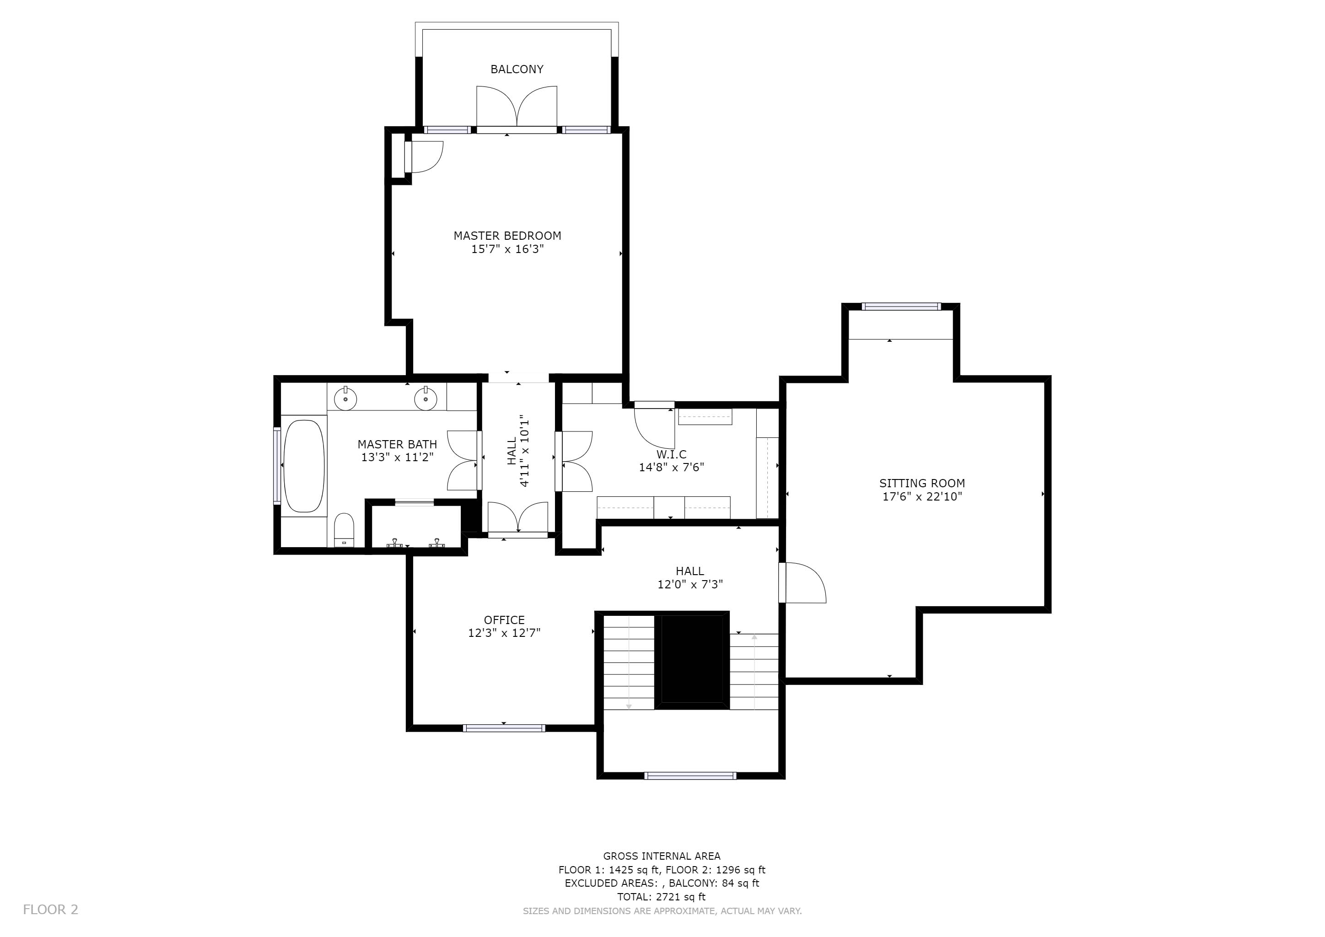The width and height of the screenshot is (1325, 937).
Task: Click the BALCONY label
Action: click(x=517, y=69)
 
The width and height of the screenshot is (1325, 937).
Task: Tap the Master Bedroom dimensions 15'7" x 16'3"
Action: click(x=507, y=249)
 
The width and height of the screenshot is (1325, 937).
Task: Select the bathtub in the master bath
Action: click(x=304, y=466)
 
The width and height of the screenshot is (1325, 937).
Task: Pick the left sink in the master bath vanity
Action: click(x=345, y=398)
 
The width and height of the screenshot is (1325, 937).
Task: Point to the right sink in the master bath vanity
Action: click(x=426, y=398)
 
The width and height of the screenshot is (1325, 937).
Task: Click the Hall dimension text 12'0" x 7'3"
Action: click(x=690, y=584)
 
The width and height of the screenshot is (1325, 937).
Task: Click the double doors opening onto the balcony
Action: click(x=517, y=108)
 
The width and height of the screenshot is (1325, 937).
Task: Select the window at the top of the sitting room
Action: click(x=901, y=307)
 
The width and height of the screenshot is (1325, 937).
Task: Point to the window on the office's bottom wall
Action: click(x=504, y=728)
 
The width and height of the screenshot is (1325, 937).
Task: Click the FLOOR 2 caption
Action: click(x=51, y=910)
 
